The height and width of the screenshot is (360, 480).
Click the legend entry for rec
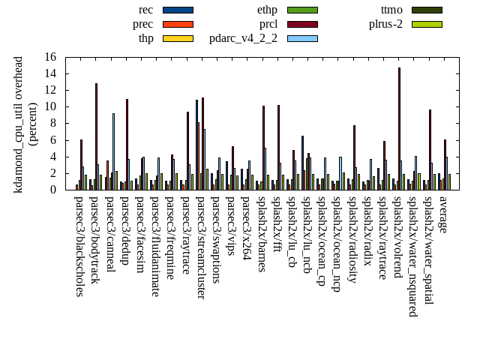[x=145, y=10]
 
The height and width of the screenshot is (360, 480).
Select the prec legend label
[x=142, y=24]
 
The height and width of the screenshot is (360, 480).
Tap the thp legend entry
[x=145, y=38]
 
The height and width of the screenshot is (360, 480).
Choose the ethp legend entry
[x=267, y=10]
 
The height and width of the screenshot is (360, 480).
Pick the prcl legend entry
[x=268, y=24]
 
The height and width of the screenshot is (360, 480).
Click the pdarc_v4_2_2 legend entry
[x=243, y=38]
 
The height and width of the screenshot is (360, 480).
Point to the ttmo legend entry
[x=391, y=10]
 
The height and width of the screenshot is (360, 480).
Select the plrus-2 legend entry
[x=385, y=24]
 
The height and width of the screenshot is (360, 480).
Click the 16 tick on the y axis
[x=49, y=57]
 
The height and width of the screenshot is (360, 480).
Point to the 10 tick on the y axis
[x=49, y=106]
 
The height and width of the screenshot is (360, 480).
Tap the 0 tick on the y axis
[x=52, y=190]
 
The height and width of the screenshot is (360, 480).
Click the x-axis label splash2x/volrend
[x=397, y=240]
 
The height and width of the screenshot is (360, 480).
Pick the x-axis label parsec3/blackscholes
[x=79, y=246]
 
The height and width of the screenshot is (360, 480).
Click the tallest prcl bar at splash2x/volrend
[x=399, y=128]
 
